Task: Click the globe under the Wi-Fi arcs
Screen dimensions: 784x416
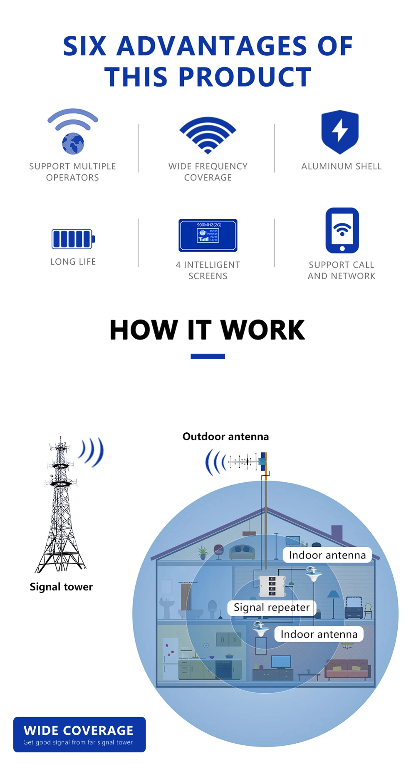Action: pos(73,144)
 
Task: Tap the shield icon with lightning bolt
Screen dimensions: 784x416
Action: pos(340,131)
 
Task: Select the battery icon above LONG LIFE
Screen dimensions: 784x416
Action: pos(73,239)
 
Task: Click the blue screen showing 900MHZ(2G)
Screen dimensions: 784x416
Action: pos(208,236)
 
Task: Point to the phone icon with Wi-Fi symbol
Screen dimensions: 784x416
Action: pos(342,231)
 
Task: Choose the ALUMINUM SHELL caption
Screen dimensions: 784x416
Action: pos(341,166)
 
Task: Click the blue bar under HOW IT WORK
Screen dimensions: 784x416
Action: pos(208,356)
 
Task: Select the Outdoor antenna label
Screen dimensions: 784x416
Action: pos(225,437)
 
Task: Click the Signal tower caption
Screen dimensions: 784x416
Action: pos(61,587)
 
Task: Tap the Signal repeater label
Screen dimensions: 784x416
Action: pos(271,608)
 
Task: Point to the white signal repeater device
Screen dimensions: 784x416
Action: pos(272,586)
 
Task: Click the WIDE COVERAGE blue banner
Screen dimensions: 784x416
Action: pos(79,734)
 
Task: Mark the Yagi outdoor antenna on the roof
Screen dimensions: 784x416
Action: pos(245,461)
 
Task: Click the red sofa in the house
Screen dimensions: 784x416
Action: pos(347,669)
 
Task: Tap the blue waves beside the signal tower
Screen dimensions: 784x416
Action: pos(92,452)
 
